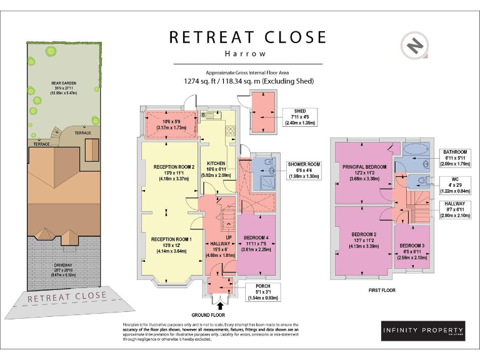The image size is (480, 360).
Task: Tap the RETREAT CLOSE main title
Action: (247, 37)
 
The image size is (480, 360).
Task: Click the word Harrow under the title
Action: (247, 54)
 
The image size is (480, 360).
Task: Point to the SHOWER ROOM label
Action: (304, 164)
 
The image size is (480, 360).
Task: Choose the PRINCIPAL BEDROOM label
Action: (364, 167)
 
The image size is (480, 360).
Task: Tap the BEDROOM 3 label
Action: (412, 245)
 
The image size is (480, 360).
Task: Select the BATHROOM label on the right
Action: (455, 152)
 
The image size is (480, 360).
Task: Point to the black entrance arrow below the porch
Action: (220, 304)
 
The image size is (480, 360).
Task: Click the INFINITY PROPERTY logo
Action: (423, 331)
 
